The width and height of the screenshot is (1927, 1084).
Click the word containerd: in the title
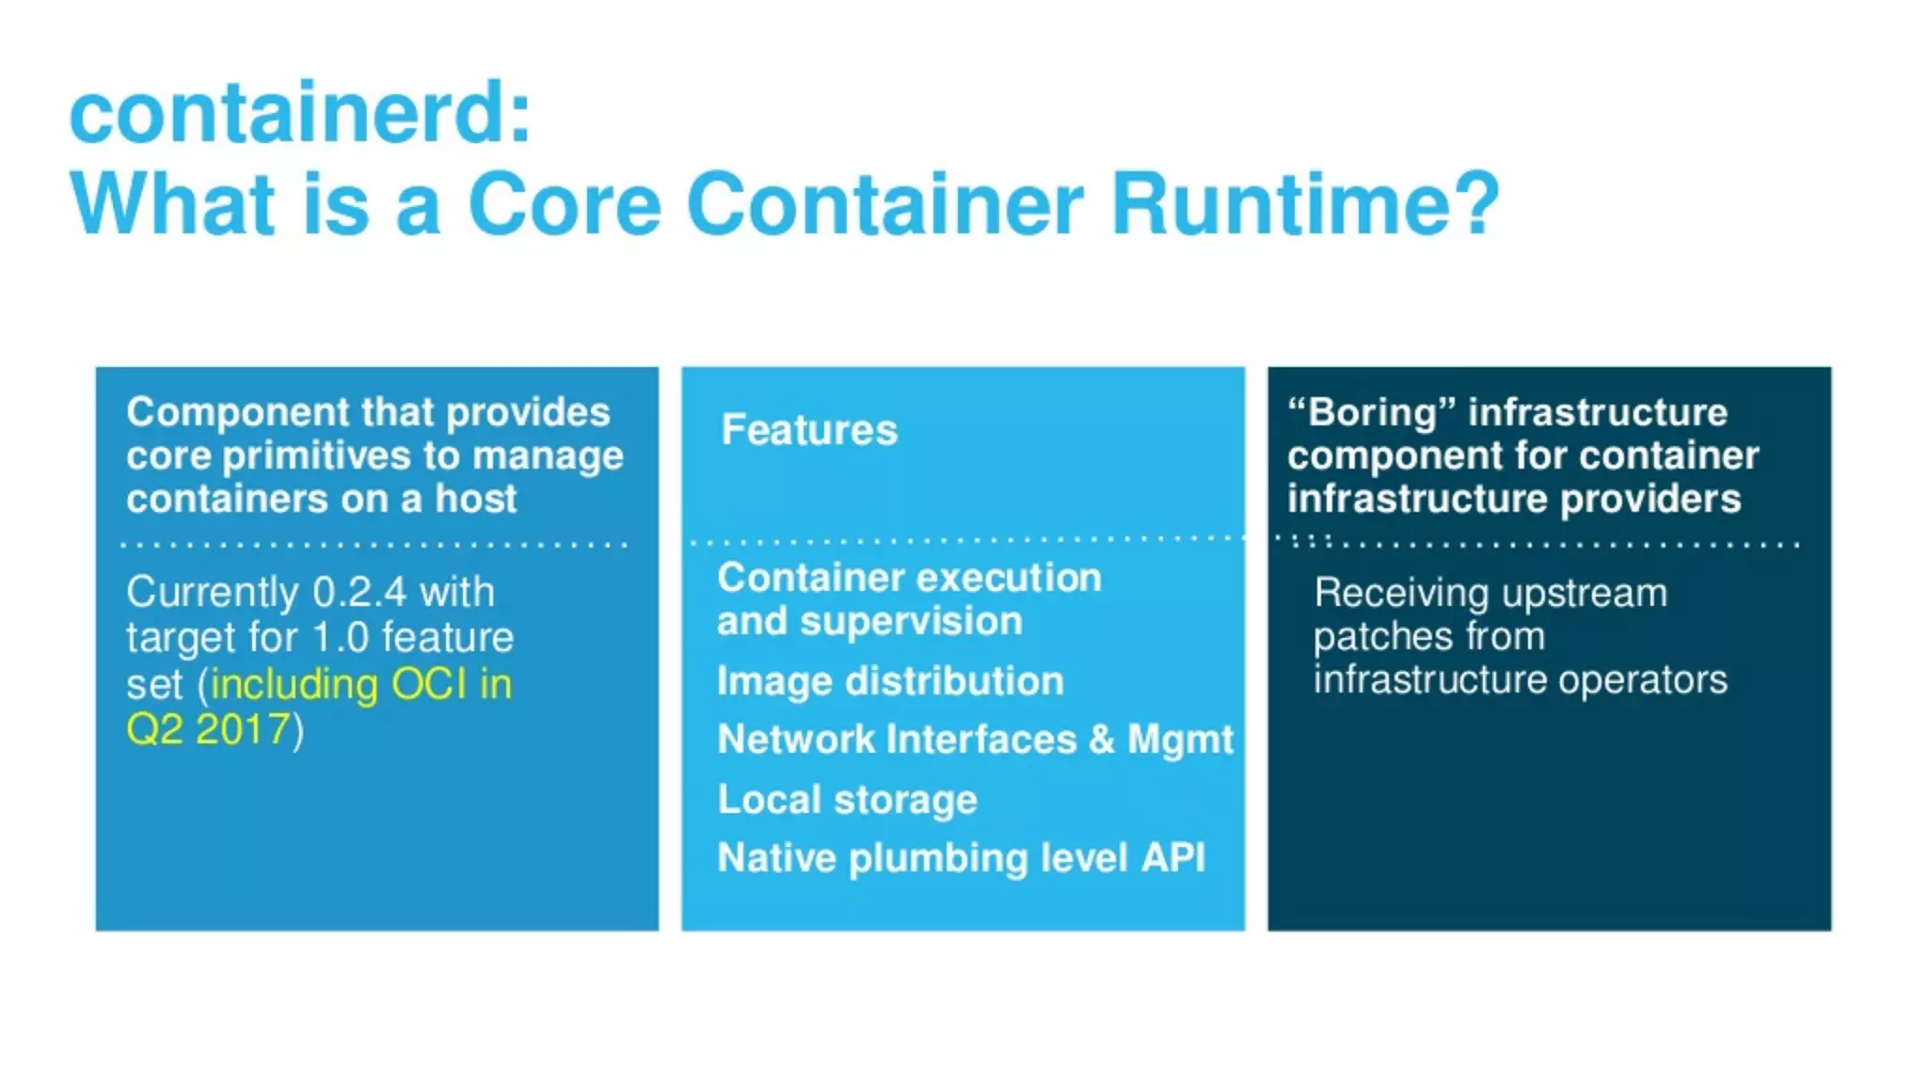click(x=300, y=114)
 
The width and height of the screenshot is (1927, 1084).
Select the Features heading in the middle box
click(x=809, y=430)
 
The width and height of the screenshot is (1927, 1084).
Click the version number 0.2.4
click(x=359, y=593)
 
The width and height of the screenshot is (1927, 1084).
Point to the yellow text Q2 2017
click(x=208, y=730)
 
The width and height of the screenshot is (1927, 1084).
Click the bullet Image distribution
click(x=890, y=681)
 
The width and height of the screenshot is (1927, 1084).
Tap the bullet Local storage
click(x=847, y=800)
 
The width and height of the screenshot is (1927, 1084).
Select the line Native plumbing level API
click(x=961, y=858)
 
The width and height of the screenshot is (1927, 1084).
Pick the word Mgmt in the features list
click(x=1180, y=740)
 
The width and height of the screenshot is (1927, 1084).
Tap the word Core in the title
click(x=565, y=204)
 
